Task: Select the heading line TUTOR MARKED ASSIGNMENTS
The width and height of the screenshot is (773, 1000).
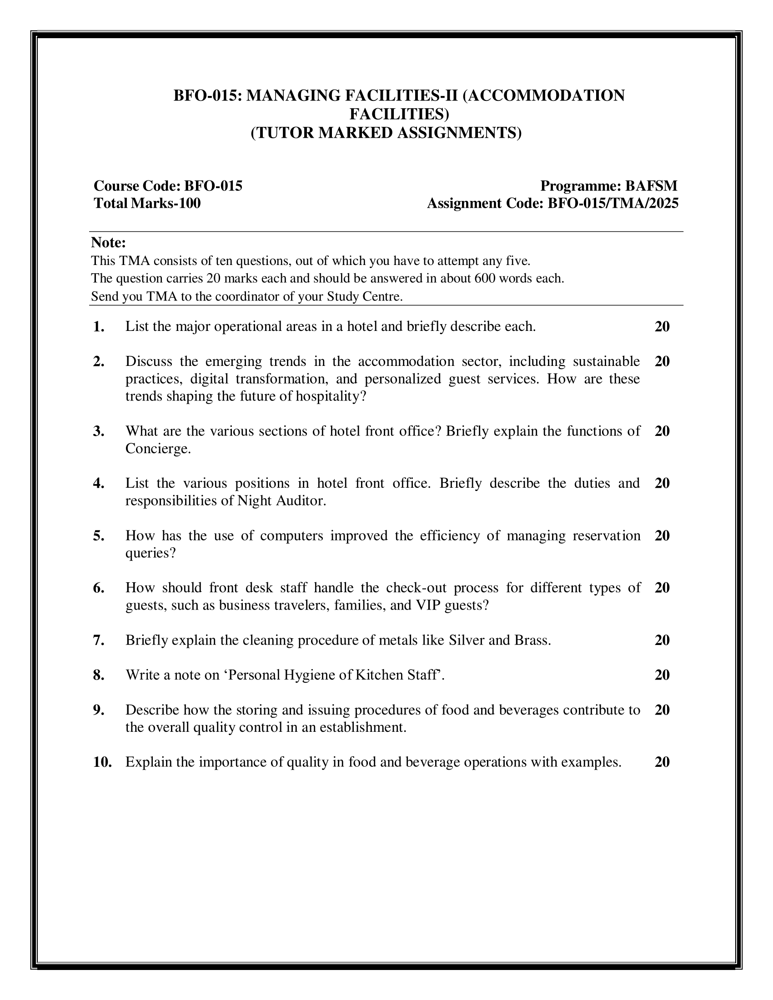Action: point(386,132)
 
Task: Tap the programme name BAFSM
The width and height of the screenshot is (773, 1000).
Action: point(651,186)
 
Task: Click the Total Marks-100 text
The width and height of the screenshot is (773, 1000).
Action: point(147,203)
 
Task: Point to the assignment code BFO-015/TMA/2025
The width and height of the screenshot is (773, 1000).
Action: point(613,203)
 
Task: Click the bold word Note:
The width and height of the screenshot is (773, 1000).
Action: point(108,242)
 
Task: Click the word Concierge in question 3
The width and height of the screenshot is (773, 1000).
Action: point(157,449)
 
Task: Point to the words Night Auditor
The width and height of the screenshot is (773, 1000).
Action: point(281,501)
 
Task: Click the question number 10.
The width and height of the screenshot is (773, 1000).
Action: point(103,762)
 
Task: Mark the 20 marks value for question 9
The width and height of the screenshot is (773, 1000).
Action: point(662,710)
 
